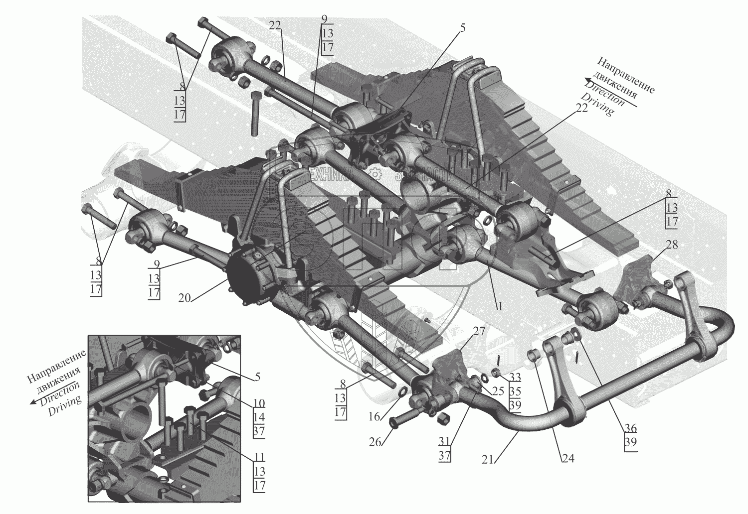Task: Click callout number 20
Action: [185, 298]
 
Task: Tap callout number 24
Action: [567, 459]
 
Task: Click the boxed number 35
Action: [515, 391]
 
